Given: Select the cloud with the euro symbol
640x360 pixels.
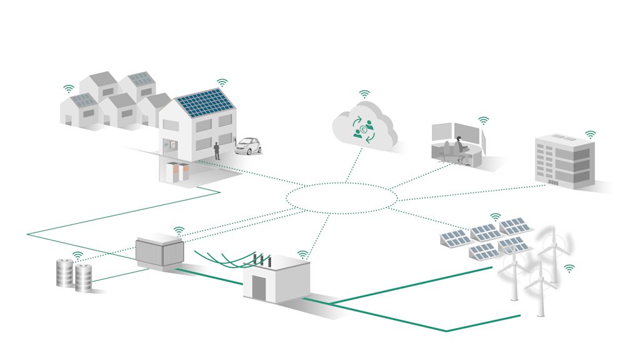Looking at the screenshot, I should coord(364,127).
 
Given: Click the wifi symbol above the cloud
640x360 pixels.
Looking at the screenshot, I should coord(364,94).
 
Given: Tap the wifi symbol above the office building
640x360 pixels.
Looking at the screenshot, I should coord(590,134).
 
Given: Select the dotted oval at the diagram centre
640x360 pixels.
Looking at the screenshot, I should coord(342,198).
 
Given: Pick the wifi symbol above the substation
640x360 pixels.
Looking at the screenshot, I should coord(303,254).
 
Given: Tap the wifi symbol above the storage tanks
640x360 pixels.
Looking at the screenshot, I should coord(77,255).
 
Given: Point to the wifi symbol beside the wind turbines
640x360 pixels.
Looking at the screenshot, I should coord(569,268).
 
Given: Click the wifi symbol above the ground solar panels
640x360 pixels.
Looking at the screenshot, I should coord(495,217).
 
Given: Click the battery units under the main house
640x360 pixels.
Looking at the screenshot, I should coord(176,172).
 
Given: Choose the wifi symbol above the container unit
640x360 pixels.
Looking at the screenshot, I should coord(179,231).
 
